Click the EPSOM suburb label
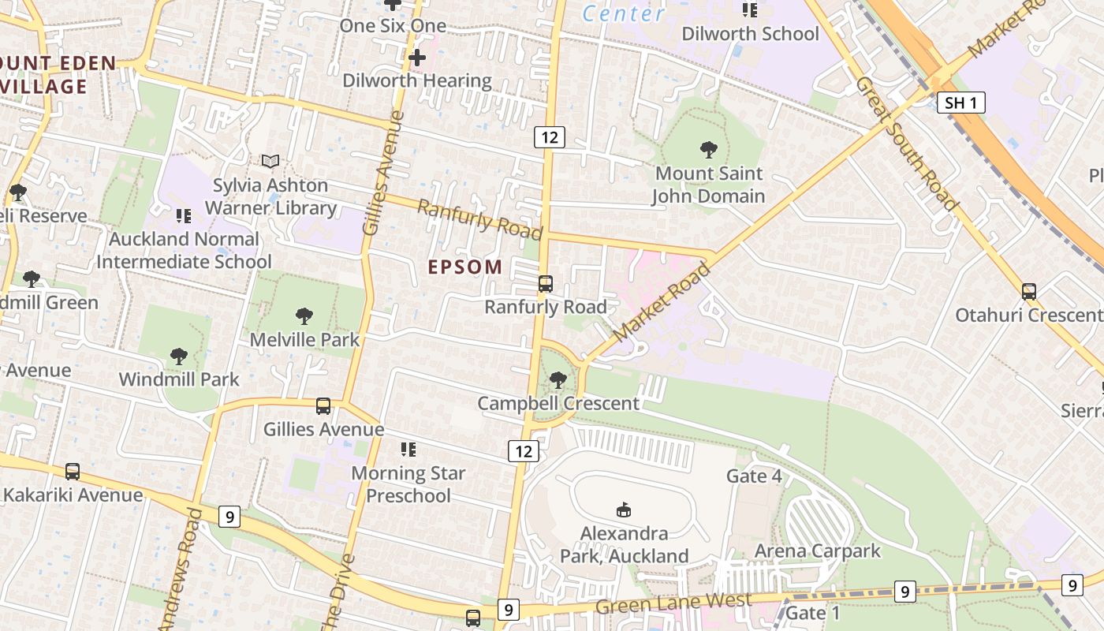pos(465,267)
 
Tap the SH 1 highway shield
pos(961,103)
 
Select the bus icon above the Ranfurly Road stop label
pos(545,284)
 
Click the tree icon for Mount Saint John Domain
pos(708,149)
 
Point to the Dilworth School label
pos(750,34)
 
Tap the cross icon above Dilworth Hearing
pos(417,58)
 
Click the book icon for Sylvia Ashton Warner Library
pos(270,161)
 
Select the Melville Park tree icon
pos(304,316)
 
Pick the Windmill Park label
pos(179,379)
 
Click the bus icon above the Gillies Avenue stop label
pos(323,406)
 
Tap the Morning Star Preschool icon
pos(408,450)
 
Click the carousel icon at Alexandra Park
pos(624,510)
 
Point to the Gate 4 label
pos(754,476)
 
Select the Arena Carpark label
pos(817,551)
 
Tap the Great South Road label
pos(907,144)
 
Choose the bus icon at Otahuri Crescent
pos(1028,292)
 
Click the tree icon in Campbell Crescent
pos(558,380)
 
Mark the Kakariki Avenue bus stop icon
pos(73,472)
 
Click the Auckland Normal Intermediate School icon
pos(184,215)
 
